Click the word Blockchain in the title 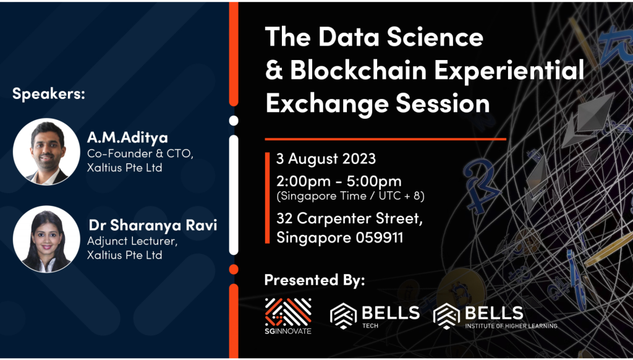359,71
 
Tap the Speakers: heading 48,94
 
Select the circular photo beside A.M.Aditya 46,152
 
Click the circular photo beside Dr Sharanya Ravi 46,239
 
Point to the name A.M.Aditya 127,138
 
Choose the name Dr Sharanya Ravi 153,225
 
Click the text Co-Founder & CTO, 140,154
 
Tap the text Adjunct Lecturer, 132,241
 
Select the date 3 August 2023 326,159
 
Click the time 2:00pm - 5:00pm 339,181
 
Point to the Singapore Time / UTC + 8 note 350,196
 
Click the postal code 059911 379,238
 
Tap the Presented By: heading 315,280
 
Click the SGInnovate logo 288,316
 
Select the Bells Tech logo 375,316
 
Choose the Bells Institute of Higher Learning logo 495,316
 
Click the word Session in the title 443,103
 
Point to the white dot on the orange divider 234,121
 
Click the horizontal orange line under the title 385,139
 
